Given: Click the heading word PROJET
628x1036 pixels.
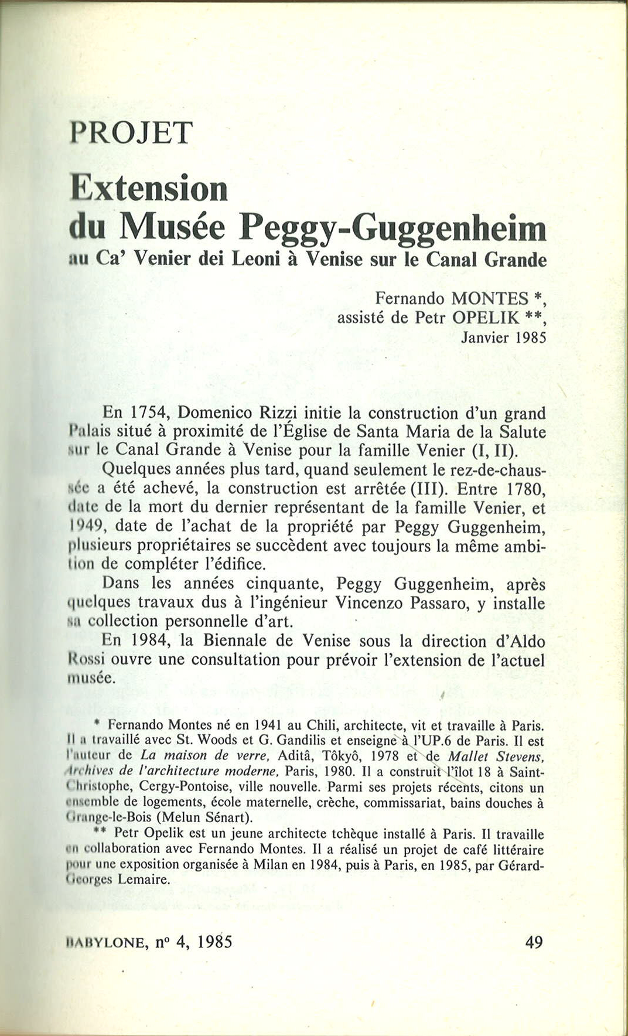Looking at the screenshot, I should [131, 134].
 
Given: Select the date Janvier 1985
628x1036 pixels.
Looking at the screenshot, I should [503, 338].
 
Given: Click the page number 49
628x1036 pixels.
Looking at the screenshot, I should [534, 943].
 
